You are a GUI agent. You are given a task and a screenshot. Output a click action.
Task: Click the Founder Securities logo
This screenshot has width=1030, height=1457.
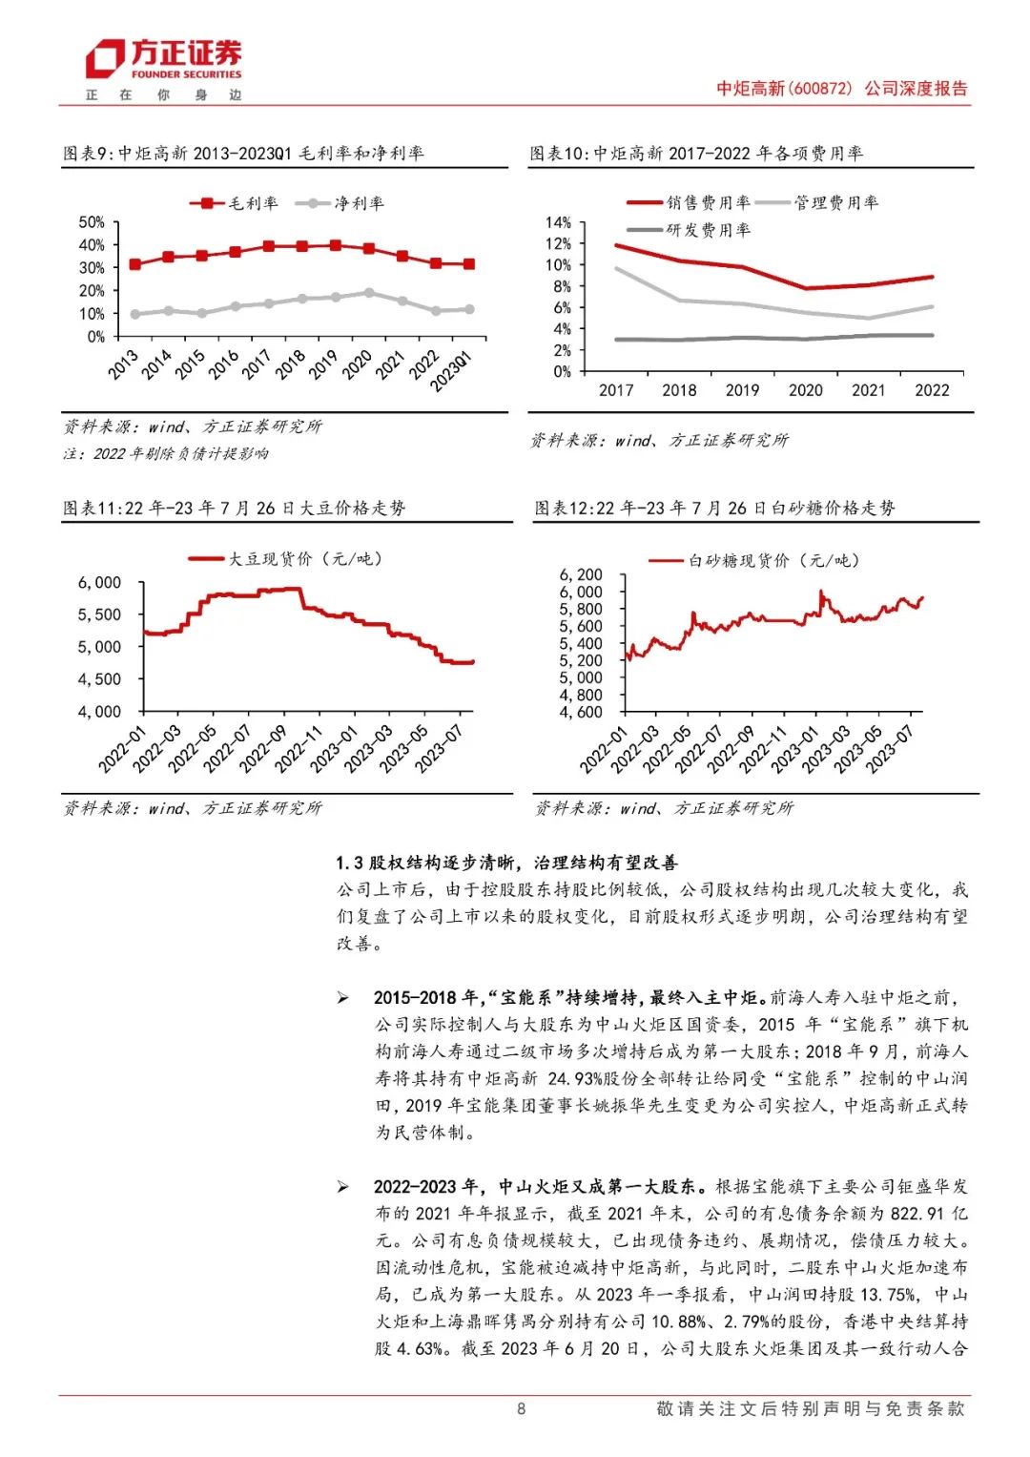[x=164, y=60]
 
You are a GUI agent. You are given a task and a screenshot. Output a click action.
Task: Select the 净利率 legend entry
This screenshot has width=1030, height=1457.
[x=340, y=203]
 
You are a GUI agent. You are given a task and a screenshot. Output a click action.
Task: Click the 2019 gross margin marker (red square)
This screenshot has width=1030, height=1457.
[x=336, y=245]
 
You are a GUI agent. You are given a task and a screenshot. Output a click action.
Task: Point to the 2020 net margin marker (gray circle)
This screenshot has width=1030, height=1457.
[x=369, y=293]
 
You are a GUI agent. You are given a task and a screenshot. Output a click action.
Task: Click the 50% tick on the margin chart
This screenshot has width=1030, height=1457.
[x=92, y=222]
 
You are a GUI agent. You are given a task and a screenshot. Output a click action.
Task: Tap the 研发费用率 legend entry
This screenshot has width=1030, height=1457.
[x=690, y=230]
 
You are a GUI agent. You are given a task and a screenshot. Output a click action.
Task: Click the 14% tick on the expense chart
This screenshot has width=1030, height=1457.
[x=558, y=222]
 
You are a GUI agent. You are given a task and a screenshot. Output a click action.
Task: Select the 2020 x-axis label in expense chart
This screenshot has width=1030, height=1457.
[x=806, y=390]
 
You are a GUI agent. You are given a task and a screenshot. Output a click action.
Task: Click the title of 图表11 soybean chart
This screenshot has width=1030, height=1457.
[x=235, y=508]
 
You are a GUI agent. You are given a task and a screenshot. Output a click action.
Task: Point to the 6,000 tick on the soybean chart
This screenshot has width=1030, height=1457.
[x=99, y=583]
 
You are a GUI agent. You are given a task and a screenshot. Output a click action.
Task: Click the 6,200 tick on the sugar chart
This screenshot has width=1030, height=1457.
[x=581, y=574]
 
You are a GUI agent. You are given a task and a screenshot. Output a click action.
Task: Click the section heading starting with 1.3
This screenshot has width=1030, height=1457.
[x=506, y=863]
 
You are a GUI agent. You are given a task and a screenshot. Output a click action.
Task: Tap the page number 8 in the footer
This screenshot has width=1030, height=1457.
[x=521, y=1408]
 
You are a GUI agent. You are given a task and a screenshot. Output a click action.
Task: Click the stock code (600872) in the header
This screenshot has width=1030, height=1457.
[x=820, y=89]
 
